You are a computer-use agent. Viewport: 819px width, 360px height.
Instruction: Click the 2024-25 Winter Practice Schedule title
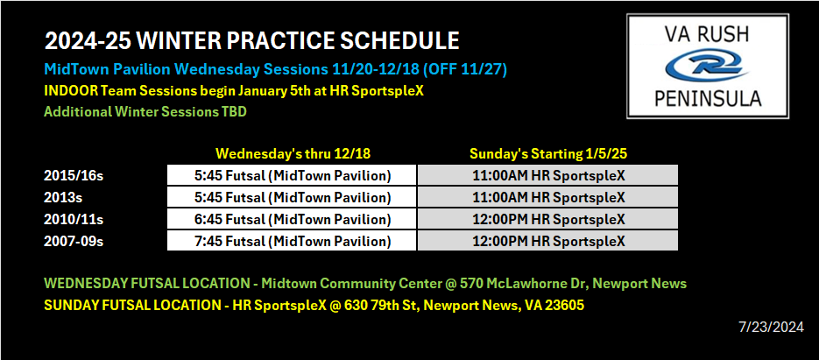[x=251, y=41]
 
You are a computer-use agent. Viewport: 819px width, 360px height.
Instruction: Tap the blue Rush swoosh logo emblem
[x=708, y=66]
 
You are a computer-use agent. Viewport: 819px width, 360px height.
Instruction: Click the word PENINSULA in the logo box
[x=708, y=98]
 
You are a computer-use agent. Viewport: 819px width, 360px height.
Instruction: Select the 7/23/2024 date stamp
[x=771, y=328]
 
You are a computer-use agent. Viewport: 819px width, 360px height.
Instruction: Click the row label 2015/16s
[x=74, y=176]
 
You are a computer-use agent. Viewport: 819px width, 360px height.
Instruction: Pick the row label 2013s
[x=64, y=198]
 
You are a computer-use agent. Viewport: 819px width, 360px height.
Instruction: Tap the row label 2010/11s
[x=74, y=220]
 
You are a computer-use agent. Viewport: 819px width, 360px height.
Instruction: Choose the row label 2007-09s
[x=74, y=242]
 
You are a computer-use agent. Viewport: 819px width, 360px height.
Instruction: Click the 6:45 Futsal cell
[x=292, y=219]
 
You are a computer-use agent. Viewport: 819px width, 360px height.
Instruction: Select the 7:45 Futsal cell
[x=292, y=241]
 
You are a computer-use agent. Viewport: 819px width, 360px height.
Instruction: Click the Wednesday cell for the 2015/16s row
[x=292, y=175]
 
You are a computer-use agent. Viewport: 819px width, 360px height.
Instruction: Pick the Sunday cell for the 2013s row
[x=548, y=197]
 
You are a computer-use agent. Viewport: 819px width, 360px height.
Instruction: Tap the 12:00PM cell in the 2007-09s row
[x=548, y=241]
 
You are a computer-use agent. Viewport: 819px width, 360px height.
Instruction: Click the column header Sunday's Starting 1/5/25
[x=547, y=154]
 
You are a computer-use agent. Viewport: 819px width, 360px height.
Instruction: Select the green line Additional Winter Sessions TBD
[x=145, y=112]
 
